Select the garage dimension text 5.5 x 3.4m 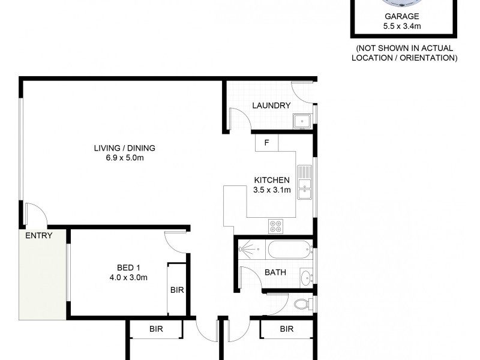point(403,27)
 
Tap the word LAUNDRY point(271,106)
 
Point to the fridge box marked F point(267,143)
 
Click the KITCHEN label point(272,180)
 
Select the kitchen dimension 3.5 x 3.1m point(272,190)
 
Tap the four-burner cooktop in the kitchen point(277,225)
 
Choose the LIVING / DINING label point(120,148)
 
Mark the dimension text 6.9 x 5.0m point(120,158)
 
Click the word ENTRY point(38,236)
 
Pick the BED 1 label point(129,267)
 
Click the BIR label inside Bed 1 point(177,290)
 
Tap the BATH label point(275,272)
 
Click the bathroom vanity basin point(305,277)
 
